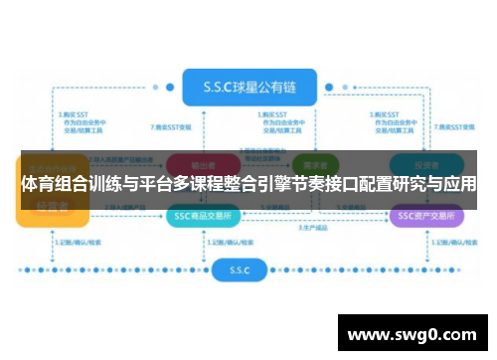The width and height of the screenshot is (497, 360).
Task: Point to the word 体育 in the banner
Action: click(39, 185)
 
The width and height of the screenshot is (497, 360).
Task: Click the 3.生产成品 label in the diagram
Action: click(312, 230)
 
